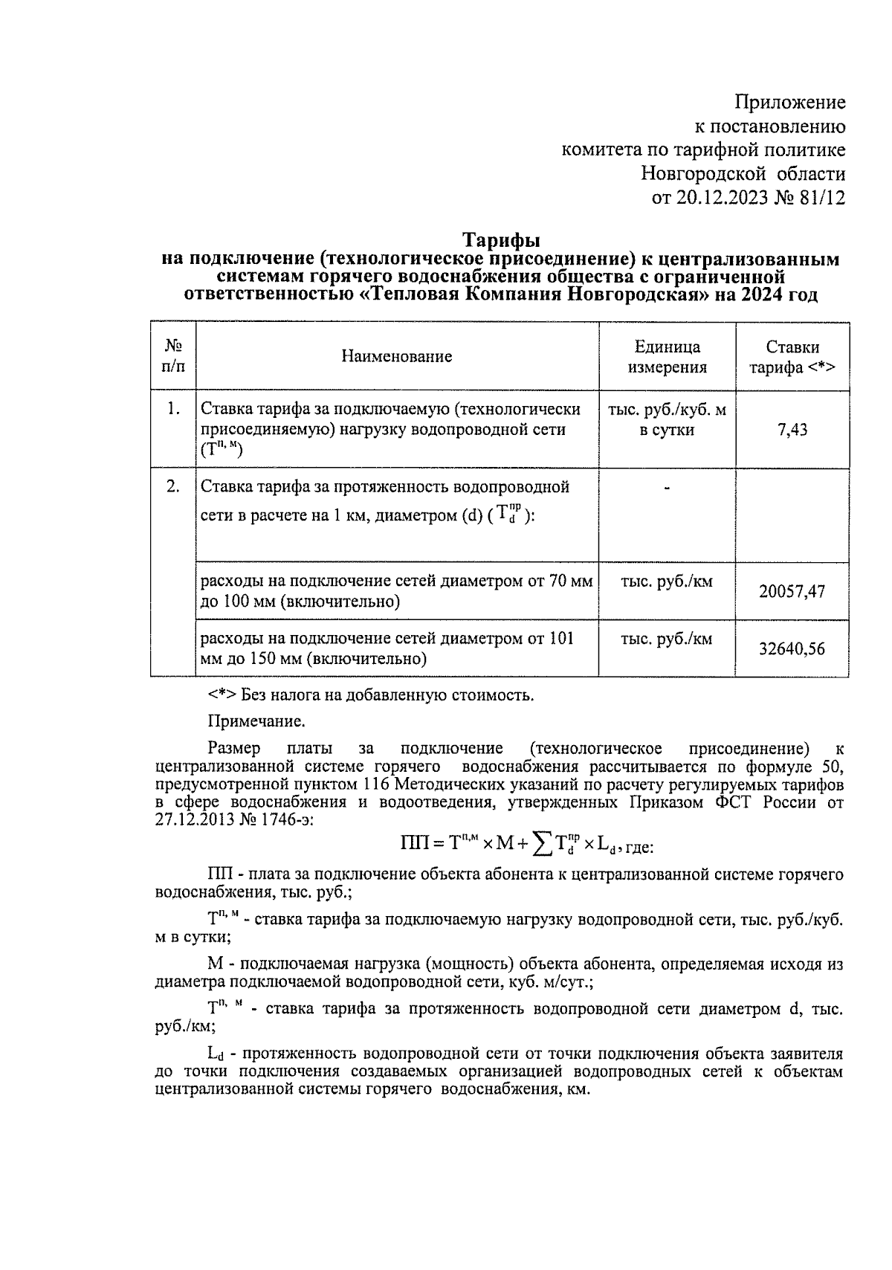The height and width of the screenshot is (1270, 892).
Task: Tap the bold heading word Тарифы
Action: (501, 240)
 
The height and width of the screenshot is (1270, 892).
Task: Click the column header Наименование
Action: (397, 356)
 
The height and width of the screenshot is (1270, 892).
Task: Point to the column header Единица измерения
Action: (667, 357)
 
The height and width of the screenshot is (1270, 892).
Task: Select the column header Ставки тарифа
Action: (792, 357)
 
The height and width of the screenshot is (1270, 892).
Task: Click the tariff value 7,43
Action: (792, 430)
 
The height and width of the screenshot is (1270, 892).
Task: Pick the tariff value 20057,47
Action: (792, 592)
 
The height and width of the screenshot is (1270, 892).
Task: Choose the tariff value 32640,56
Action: (792, 649)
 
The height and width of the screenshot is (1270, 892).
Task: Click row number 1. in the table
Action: (173, 408)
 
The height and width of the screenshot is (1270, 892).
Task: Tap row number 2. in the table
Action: (173, 487)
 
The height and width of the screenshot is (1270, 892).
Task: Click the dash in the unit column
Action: (667, 488)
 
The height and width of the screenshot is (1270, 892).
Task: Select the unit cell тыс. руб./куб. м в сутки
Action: (667, 419)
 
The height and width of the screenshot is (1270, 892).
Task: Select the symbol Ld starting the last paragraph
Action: (216, 1054)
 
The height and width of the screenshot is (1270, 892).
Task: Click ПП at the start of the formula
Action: (413, 843)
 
